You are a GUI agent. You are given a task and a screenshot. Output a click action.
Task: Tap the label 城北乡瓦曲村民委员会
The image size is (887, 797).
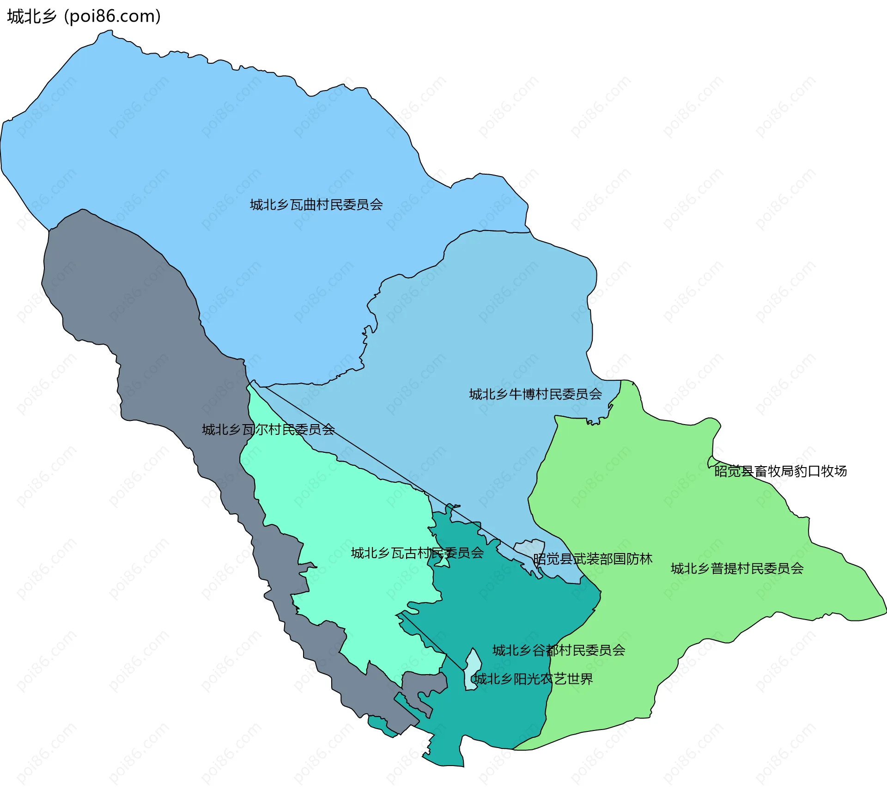(x=316, y=205)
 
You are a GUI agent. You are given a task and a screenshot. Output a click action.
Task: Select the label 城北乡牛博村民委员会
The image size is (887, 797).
(x=535, y=394)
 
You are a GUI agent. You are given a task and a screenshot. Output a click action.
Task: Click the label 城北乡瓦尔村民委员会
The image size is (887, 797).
(x=268, y=430)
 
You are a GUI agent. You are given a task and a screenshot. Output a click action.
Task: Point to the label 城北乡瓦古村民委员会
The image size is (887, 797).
(x=417, y=553)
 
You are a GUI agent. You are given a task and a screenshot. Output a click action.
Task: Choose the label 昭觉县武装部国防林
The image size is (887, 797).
(x=593, y=559)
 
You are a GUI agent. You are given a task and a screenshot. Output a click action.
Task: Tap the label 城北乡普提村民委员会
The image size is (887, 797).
(x=737, y=568)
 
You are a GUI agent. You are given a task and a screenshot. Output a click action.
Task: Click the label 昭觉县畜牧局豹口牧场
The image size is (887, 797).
(x=780, y=471)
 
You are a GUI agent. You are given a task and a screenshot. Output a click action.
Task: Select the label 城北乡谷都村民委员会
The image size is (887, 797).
(x=559, y=651)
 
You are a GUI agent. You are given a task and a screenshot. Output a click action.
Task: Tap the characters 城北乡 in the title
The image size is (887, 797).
(x=31, y=16)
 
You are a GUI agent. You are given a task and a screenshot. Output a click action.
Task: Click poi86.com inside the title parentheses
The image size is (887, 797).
(x=112, y=16)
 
